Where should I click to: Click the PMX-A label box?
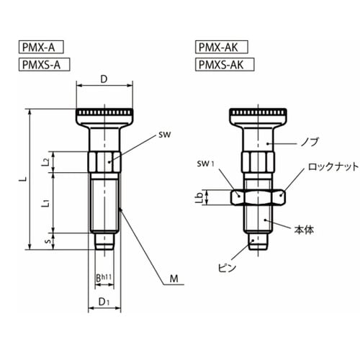pyautogui.click(x=41, y=47)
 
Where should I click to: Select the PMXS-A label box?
pyautogui.click(x=44, y=64)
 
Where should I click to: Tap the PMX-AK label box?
pyautogui.click(x=221, y=47)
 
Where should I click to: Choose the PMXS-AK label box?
pyautogui.click(x=225, y=64)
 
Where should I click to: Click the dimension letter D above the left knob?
pyautogui.click(x=104, y=79)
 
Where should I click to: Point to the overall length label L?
pyautogui.click(x=24, y=179)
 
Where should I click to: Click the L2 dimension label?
pyautogui.click(x=48, y=162)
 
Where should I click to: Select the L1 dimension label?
pyautogui.click(x=48, y=202)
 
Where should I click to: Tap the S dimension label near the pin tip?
pyautogui.click(x=48, y=241)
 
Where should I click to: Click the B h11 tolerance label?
pyautogui.click(x=104, y=278)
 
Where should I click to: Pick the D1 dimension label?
pyautogui.click(x=104, y=302)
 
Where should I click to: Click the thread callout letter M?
pyautogui.click(x=174, y=279)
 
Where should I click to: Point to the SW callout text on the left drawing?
pyautogui.click(x=165, y=135)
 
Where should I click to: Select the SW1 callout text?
pyautogui.click(x=205, y=164)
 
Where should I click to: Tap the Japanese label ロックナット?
pyautogui.click(x=333, y=166)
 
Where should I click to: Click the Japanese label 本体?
pyautogui.click(x=304, y=230)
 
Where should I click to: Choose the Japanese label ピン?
pyautogui.click(x=227, y=267)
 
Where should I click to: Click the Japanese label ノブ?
pyautogui.click(x=310, y=142)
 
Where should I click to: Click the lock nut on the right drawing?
pyautogui.click(x=258, y=197)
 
